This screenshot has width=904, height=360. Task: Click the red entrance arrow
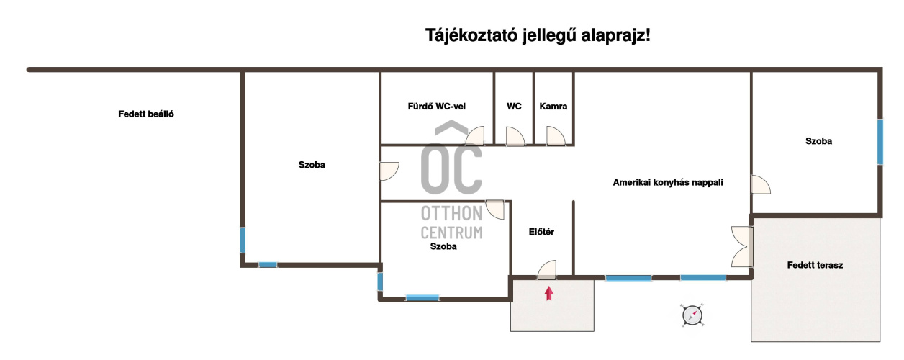point(548,294)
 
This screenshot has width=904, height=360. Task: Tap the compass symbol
point(692,315)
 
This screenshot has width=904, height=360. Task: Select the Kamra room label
point(553,107)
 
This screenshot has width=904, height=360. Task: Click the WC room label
point(514,107)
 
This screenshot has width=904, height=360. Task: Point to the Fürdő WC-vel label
point(437,107)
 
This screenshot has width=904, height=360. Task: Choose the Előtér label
point(541,232)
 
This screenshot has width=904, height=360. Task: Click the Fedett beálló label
point(146,114)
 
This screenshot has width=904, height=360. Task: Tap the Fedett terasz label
point(815,265)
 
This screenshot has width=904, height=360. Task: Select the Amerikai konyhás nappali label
point(668,182)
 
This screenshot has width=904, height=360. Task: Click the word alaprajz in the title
point(615,35)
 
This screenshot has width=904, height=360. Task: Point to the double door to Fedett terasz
point(743,246)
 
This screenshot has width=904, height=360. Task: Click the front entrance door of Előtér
point(547,270)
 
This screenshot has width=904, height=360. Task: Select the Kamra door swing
point(556,136)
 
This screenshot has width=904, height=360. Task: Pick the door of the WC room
point(515,136)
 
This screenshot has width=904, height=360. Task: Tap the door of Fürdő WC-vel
point(475,136)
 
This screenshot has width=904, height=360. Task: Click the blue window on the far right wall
point(880,142)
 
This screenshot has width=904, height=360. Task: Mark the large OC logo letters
point(451,168)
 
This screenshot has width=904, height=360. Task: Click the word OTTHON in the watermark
point(451,214)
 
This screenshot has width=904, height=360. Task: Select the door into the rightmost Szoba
point(761,184)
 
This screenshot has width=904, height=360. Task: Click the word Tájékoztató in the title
point(471,35)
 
